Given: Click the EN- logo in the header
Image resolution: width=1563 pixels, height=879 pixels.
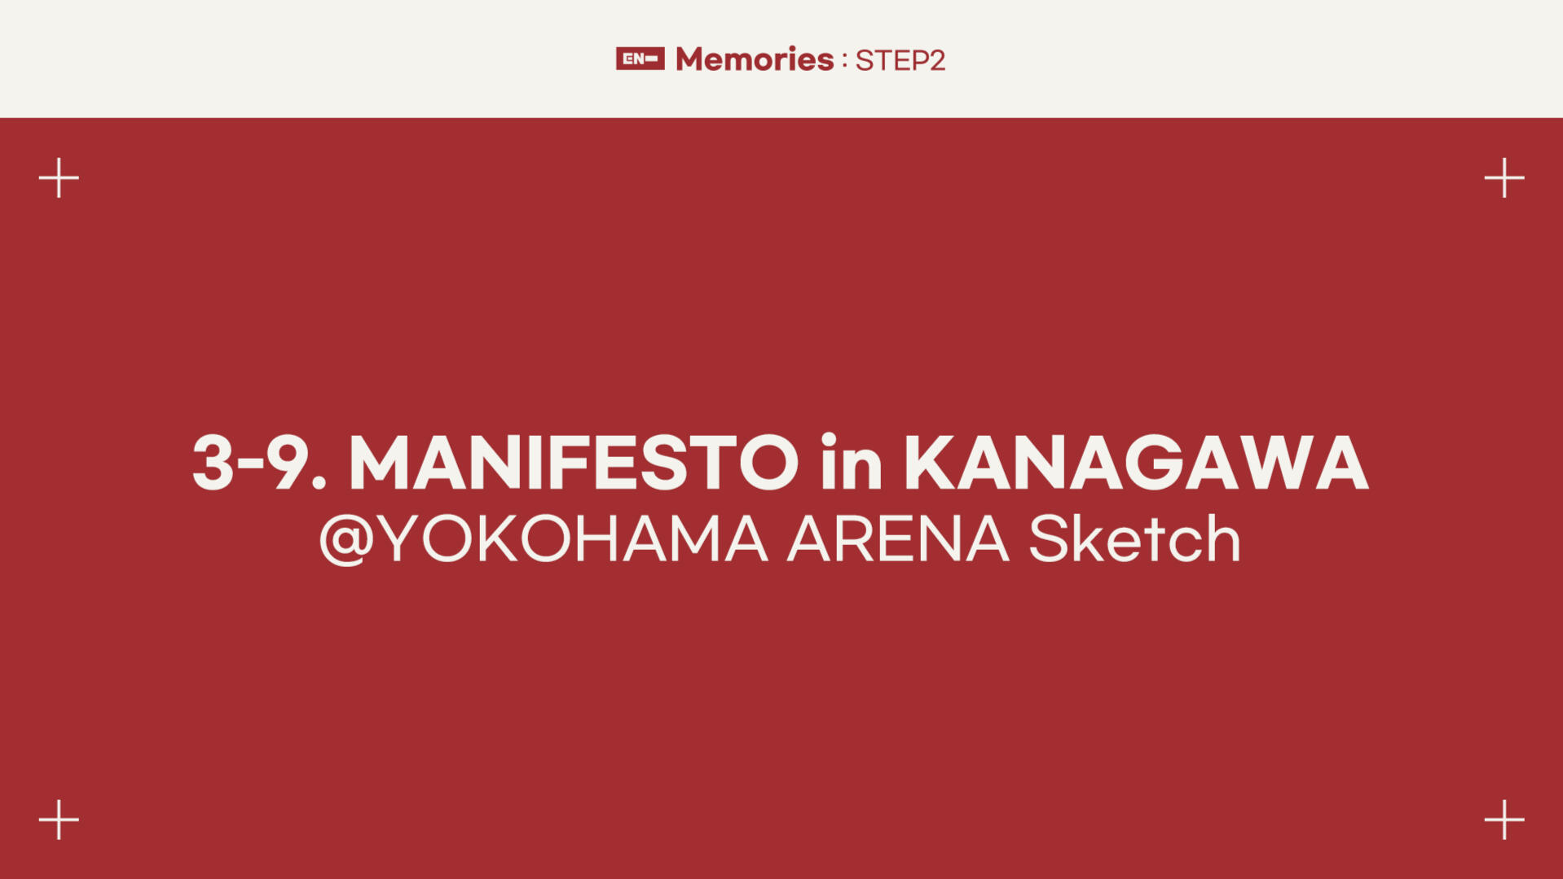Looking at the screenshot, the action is tap(640, 59).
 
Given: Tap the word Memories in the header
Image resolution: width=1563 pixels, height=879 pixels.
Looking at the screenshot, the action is tap(755, 59).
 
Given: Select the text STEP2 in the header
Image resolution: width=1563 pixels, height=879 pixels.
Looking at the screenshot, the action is tap(900, 60).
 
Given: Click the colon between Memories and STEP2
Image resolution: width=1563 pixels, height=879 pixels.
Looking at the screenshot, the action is tap(844, 60).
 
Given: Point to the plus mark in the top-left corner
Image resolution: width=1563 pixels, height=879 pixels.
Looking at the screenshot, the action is tap(59, 178).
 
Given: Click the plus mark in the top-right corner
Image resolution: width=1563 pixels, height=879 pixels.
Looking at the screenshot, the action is tap(1504, 178).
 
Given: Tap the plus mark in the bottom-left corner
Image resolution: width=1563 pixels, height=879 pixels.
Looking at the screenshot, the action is tap(59, 819).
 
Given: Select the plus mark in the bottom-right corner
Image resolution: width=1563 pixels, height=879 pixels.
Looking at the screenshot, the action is tap(1504, 819).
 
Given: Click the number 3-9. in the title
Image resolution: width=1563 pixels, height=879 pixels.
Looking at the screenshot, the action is tap(259, 463).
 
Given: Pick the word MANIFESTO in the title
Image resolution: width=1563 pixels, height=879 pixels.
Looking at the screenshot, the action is tap(574, 463).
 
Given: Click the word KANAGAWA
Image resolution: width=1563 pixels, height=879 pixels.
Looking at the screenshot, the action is tap(1137, 463).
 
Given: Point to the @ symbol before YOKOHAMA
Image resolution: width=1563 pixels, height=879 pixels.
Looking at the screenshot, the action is tap(346, 539).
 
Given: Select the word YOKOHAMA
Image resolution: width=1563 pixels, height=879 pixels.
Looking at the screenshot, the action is tap(575, 538).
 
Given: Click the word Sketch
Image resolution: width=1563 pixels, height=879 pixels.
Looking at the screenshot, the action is tap(1134, 538).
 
